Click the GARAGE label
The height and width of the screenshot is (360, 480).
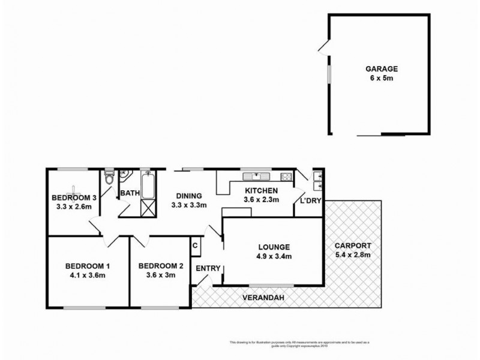point(380,69)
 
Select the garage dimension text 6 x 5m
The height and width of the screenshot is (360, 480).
point(380,79)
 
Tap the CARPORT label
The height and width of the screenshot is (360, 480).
point(353,245)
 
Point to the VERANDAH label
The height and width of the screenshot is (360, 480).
point(263,298)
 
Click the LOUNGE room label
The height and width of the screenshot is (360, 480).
point(274,247)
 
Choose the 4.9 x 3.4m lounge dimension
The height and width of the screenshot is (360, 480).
point(274,257)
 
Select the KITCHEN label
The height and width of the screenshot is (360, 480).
point(260,191)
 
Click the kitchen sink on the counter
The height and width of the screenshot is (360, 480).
point(256,176)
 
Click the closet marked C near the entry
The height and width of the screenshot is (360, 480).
point(195,245)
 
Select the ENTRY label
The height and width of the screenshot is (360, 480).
point(208,268)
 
